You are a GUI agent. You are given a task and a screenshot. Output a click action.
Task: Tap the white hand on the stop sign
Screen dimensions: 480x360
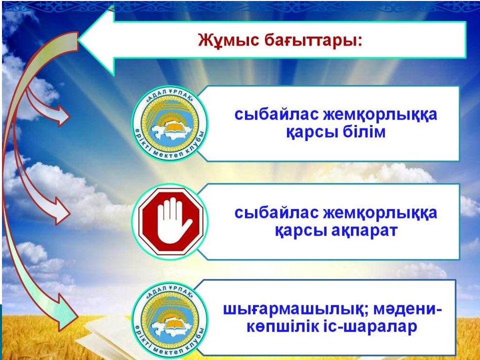point(173,220)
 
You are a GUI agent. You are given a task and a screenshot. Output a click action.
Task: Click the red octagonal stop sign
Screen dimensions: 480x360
point(171,221)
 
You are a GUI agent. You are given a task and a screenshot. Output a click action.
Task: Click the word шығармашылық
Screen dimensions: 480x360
point(295,310)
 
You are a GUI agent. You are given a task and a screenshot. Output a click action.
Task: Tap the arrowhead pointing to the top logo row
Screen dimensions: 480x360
point(62,115)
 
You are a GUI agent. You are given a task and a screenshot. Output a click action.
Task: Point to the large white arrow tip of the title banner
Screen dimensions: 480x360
point(78,40)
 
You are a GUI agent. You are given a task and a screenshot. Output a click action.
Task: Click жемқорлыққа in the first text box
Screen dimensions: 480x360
point(380,115)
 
